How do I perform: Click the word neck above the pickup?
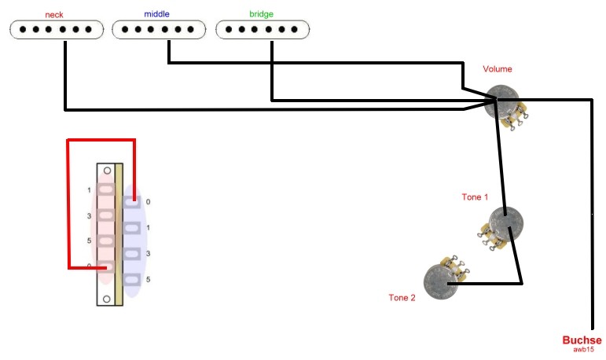(55, 15)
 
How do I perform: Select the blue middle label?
(156, 14)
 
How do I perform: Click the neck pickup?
(56, 30)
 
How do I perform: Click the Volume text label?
(497, 69)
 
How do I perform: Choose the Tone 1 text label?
(474, 197)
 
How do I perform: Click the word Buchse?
(582, 340)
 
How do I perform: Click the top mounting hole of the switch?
(107, 171)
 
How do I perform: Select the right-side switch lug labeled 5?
(132, 279)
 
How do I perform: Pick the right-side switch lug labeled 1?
(132, 228)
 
